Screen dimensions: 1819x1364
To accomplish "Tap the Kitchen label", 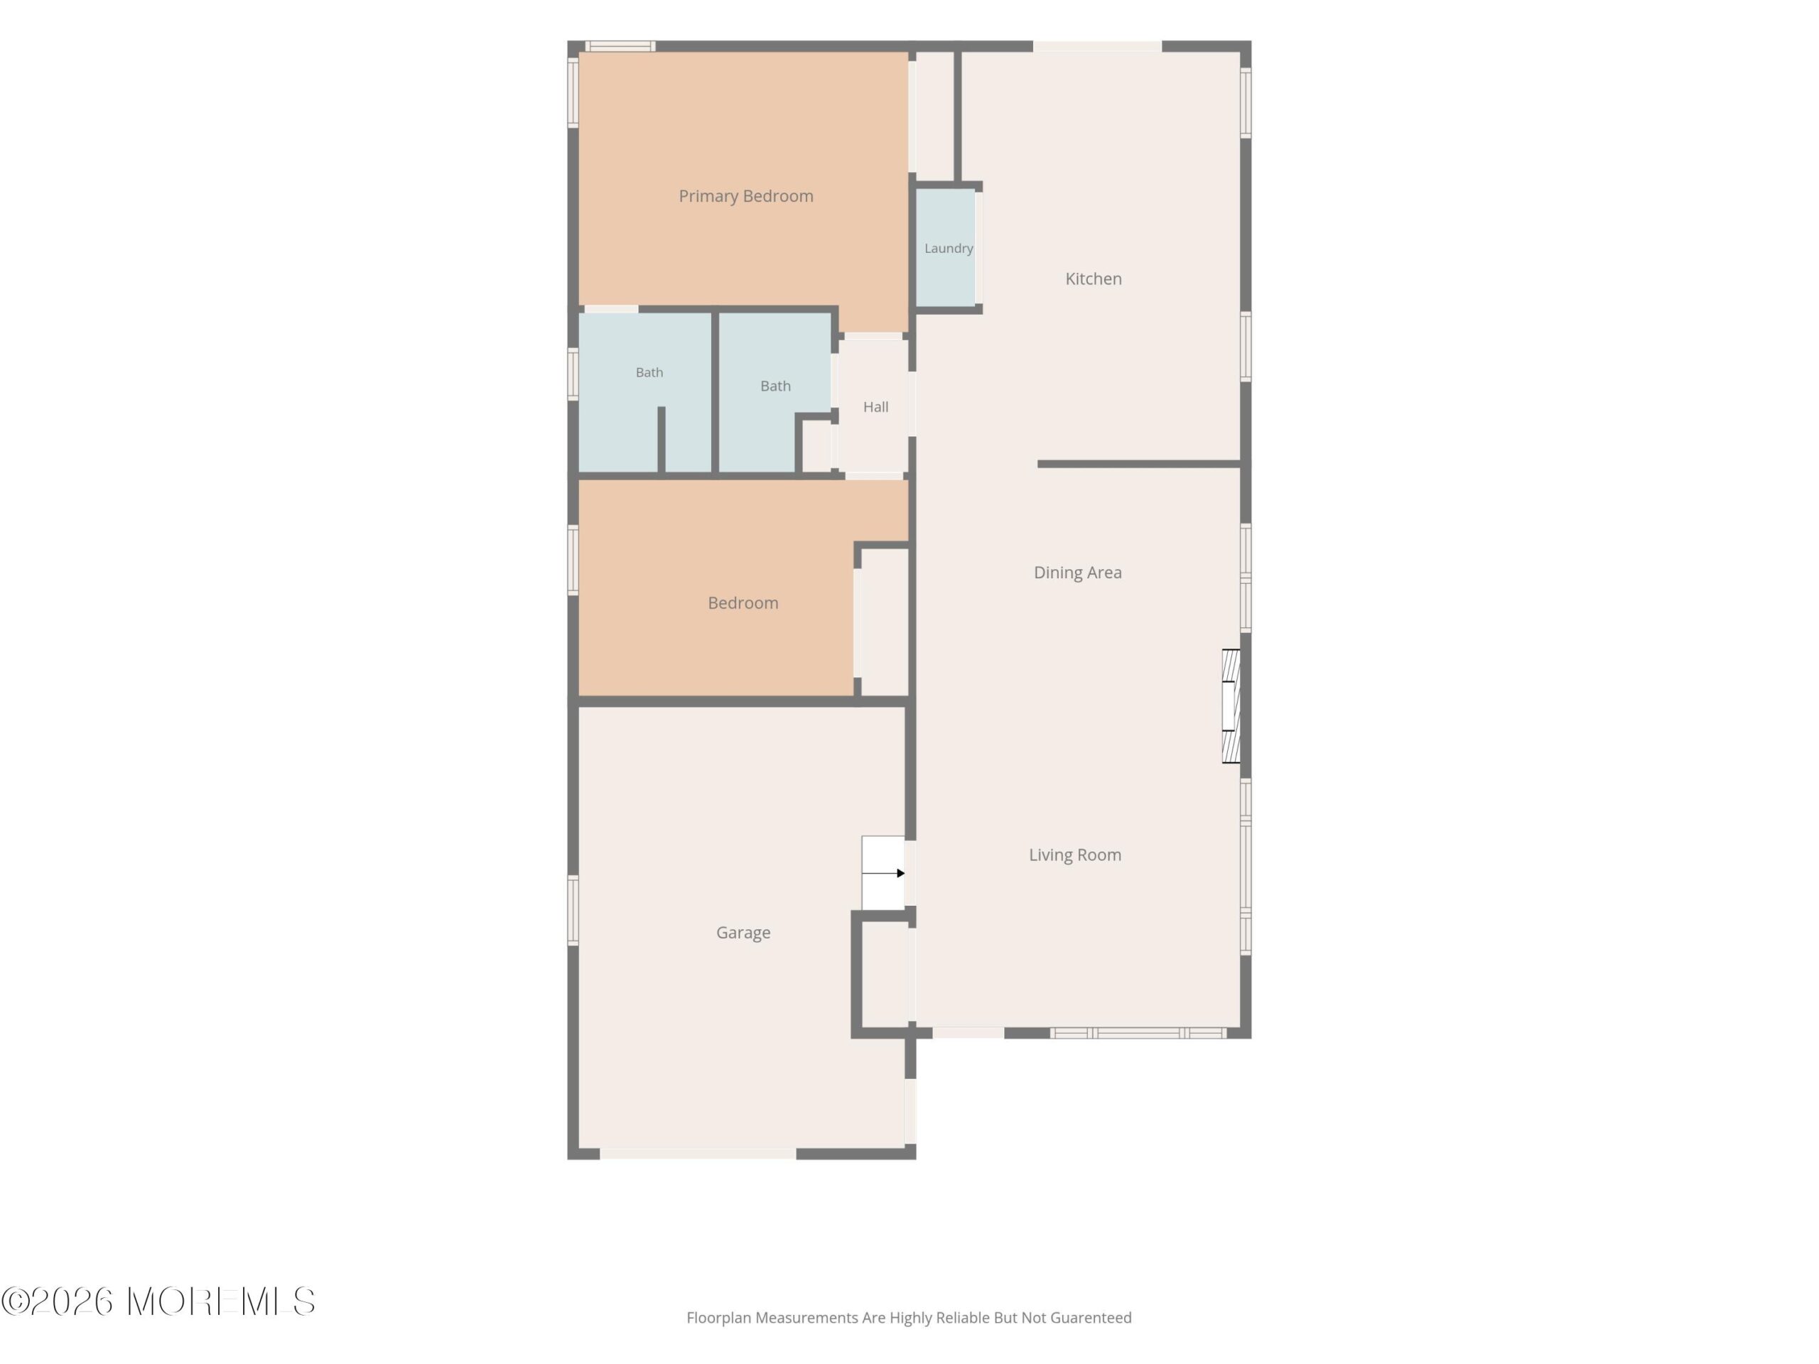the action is (x=1093, y=278).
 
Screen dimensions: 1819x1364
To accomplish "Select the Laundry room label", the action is (x=948, y=249).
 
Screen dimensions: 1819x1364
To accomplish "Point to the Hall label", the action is (x=876, y=407).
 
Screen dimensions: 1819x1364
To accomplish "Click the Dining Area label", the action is (x=1077, y=572).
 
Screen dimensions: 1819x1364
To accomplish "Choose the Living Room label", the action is (x=1075, y=855).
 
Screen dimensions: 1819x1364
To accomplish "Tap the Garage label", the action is (x=743, y=932).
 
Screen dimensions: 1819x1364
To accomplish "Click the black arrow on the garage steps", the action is (x=884, y=873).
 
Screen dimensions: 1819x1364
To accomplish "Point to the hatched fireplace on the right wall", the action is (x=1231, y=706).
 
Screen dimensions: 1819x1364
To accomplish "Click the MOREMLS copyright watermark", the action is (x=158, y=1301).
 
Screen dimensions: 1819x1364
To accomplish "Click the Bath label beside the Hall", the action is (x=775, y=386).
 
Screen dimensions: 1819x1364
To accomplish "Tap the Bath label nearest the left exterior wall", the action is (x=649, y=372).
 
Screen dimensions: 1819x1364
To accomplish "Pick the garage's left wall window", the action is (x=573, y=910).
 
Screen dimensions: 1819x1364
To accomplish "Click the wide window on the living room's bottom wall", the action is (x=1138, y=1034).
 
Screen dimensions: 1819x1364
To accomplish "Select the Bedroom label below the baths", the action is (x=743, y=602).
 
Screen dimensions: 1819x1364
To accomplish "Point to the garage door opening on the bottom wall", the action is (x=698, y=1154).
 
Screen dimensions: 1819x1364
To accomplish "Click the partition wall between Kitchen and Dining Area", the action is (x=1139, y=465).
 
